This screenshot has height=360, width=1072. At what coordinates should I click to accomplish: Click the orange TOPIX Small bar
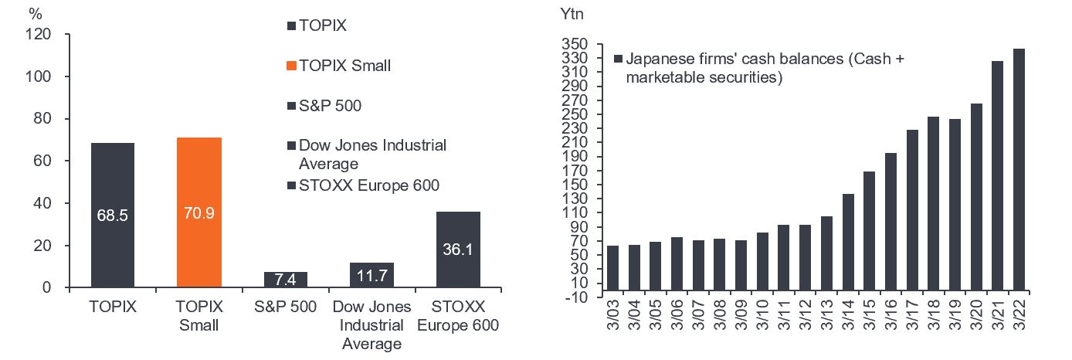[x=199, y=212]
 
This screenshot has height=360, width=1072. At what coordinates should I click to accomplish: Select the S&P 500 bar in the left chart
[x=285, y=280]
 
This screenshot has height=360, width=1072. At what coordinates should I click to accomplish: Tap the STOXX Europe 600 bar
[x=458, y=250]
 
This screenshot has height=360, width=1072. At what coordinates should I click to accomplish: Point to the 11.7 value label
[x=371, y=275]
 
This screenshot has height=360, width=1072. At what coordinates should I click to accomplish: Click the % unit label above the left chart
[x=35, y=13]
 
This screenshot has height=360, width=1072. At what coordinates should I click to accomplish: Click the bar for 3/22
[x=1019, y=169]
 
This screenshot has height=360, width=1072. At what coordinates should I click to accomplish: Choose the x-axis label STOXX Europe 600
[x=458, y=315]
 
